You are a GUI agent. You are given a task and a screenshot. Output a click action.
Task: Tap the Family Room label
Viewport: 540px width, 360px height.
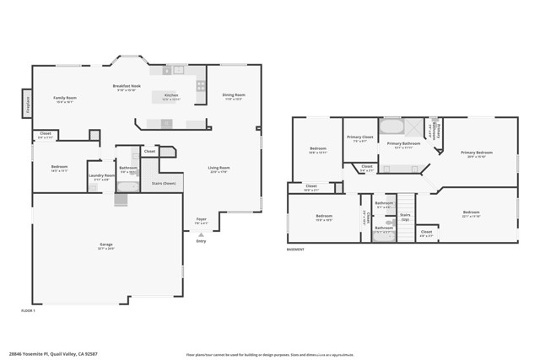tap(64, 99)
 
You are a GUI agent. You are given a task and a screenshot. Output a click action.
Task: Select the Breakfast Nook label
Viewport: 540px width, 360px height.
tap(126, 87)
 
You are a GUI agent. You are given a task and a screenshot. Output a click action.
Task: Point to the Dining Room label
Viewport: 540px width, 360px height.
tap(234, 96)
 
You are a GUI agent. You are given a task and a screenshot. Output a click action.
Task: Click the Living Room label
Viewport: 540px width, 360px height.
tap(219, 169)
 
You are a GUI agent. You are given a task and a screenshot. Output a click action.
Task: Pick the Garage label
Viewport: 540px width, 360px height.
tap(106, 245)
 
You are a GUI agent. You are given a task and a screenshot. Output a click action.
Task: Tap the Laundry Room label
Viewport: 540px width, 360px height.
tap(101, 176)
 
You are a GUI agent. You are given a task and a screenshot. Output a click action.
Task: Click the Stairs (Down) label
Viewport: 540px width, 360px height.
tap(164, 182)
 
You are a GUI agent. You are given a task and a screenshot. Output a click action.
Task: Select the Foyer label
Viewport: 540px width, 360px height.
tap(202, 219)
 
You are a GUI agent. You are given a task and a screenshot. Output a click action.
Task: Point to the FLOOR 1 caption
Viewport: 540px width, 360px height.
tap(28, 311)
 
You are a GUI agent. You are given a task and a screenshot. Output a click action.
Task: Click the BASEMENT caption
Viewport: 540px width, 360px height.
tap(295, 250)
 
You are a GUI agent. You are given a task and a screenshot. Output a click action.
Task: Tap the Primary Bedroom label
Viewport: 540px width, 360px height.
tap(477, 153)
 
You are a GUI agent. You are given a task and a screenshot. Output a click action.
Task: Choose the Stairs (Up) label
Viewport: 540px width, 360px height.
tap(405, 216)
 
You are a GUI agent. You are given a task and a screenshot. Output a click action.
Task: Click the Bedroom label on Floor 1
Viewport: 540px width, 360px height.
tap(59, 168)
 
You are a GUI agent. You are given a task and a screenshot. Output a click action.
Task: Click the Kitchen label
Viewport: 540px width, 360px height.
tap(171, 96)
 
